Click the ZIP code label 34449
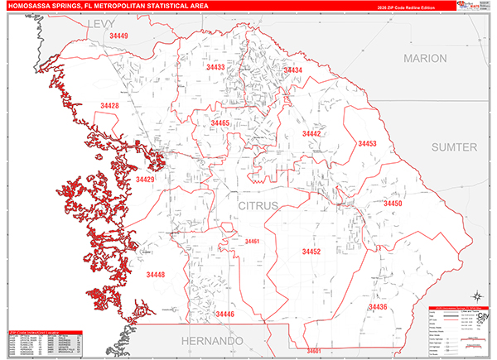pos(118,36)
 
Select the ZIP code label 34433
pos(215,67)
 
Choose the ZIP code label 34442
pos(311,133)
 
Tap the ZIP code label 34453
pos(368,143)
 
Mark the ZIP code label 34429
pos(145,180)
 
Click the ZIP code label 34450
pos(393,203)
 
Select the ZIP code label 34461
pos(252,241)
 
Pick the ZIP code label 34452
pos(311,251)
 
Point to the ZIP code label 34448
pos(155,274)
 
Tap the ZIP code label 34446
pos(225,314)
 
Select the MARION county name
pos(425,59)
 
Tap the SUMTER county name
pos(455,146)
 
